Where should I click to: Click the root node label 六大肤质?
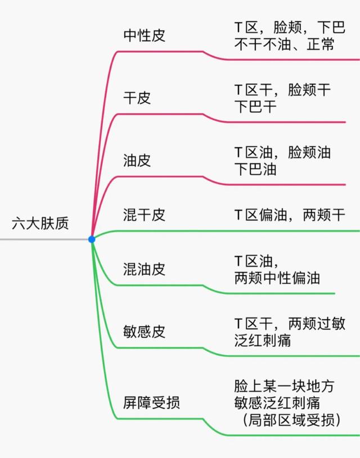point(40,224)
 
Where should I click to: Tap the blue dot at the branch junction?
point(92,239)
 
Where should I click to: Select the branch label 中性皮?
point(145,36)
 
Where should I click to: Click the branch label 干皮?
point(137,98)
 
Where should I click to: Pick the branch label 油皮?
point(137,161)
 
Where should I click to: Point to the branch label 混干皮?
point(145,215)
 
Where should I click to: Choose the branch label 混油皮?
point(145,269)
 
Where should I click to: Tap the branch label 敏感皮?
point(145,332)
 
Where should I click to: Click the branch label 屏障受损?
point(152,402)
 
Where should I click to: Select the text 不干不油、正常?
point(283,44)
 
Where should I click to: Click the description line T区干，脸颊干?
point(282,90)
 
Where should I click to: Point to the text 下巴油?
point(255,169)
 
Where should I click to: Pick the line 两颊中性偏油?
point(277,278)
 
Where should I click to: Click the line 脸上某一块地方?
point(284,387)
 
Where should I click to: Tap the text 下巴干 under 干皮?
point(255,106)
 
